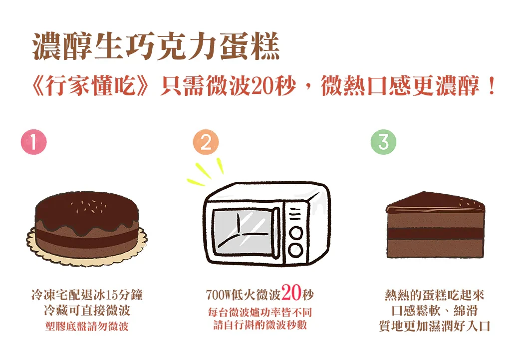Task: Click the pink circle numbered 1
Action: coord(34,142)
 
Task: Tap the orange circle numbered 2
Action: coord(206,142)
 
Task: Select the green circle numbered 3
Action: coord(383,142)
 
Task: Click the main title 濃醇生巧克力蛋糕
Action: coord(156,46)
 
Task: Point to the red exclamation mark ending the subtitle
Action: coord(492,86)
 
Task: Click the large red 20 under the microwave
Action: coord(291,292)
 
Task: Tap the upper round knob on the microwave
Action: coord(295,233)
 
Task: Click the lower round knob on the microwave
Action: coord(295,250)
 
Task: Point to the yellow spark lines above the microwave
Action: coord(205,172)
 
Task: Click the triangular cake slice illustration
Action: coord(435,225)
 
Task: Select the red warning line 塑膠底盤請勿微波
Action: coord(87,327)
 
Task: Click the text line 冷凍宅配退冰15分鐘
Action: coord(87,295)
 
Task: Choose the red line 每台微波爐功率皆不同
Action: coord(260,312)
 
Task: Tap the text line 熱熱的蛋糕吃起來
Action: coord(435,295)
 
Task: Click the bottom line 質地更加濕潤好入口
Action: coord(435,326)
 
